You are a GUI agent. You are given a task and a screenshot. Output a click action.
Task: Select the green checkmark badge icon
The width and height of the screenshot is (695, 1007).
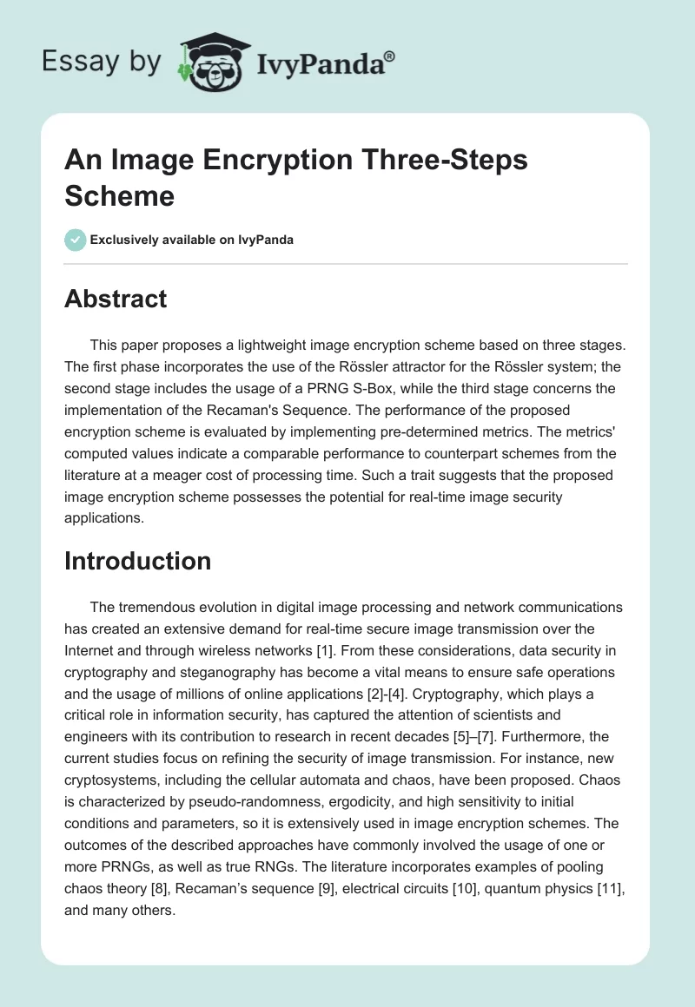click(76, 240)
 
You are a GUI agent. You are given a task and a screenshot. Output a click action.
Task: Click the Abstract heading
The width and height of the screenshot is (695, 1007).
click(116, 299)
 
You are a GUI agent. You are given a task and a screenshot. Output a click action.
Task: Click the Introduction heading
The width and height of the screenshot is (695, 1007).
click(137, 561)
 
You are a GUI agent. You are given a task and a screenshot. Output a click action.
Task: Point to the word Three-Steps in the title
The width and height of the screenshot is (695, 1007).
click(438, 161)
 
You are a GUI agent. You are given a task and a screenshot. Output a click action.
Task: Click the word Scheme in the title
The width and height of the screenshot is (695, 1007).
click(119, 195)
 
